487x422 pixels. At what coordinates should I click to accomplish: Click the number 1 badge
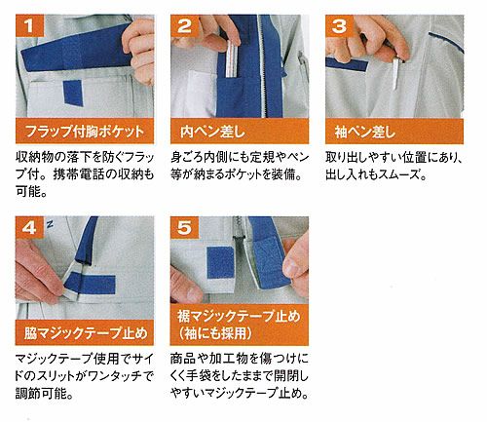(x=29, y=25)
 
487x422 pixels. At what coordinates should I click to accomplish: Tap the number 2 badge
(x=184, y=25)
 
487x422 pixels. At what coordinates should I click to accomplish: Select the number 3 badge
(x=339, y=25)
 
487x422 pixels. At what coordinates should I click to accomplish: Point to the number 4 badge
(x=29, y=228)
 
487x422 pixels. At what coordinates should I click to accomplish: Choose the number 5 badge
(x=184, y=228)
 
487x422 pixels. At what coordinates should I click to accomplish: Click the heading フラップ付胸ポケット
(x=85, y=132)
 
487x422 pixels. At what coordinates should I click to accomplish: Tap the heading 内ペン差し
(x=212, y=132)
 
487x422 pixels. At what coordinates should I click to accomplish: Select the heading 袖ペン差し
(x=365, y=132)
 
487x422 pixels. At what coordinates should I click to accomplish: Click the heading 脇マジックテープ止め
(x=86, y=333)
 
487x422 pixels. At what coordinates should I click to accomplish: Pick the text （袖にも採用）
(x=215, y=333)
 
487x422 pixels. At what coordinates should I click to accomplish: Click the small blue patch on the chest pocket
(x=73, y=93)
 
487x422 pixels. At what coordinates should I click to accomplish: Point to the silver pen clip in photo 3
(x=395, y=73)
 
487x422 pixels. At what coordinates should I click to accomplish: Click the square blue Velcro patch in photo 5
(x=221, y=262)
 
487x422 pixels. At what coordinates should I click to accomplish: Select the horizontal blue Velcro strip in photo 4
(x=92, y=283)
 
